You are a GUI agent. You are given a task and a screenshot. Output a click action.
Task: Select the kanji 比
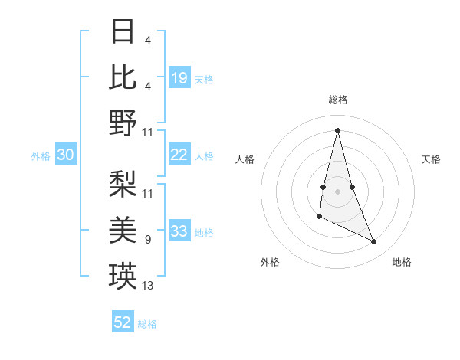click(123, 77)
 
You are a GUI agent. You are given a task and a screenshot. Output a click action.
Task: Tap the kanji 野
click(123, 123)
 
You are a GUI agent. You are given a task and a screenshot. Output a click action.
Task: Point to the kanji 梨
click(123, 183)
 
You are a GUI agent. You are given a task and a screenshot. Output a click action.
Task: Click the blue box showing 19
click(179, 78)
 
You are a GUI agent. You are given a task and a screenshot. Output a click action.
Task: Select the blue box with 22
click(179, 155)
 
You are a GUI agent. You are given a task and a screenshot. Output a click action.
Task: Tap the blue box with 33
click(179, 232)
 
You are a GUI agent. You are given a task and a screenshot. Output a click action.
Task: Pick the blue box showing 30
click(65, 155)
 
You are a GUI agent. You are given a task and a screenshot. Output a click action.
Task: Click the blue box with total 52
click(123, 322)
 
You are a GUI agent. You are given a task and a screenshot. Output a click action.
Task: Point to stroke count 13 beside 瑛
click(148, 286)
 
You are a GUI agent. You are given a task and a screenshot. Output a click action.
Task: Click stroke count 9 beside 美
click(148, 240)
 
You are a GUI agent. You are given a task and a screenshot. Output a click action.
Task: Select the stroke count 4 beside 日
click(148, 41)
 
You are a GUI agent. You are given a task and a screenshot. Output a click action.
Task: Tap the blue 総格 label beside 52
click(147, 324)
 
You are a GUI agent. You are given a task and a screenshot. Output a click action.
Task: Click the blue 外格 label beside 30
click(41, 156)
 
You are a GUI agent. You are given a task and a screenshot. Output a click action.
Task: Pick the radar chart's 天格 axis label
click(432, 159)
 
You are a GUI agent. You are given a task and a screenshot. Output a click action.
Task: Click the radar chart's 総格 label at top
click(338, 100)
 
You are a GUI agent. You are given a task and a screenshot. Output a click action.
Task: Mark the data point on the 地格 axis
click(374, 242)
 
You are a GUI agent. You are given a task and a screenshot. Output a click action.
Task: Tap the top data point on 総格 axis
click(338, 129)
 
